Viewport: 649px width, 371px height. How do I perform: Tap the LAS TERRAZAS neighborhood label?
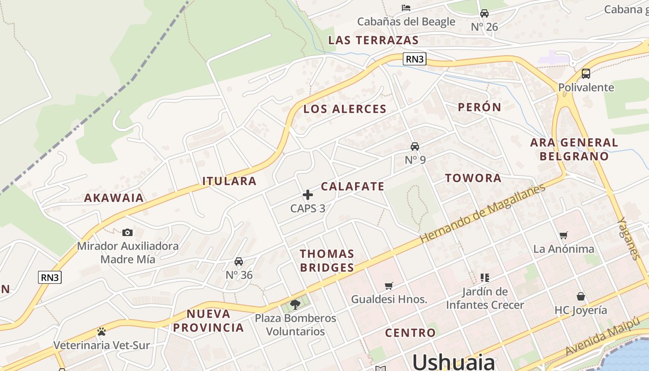pyautogui.click(x=373, y=40)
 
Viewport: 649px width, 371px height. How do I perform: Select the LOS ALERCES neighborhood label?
pyautogui.click(x=344, y=109)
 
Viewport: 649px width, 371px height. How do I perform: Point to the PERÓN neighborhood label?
pyautogui.click(x=479, y=107)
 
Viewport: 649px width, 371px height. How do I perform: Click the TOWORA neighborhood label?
pyautogui.click(x=473, y=178)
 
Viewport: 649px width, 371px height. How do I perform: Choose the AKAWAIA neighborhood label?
pyautogui.click(x=114, y=198)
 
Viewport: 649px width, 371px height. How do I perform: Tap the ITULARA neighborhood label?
pyautogui.click(x=229, y=181)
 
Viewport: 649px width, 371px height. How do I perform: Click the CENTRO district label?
pyautogui.click(x=410, y=333)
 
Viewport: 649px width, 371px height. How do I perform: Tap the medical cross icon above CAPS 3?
pyautogui.click(x=308, y=195)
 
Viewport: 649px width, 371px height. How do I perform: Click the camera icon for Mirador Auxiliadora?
pyautogui.click(x=127, y=232)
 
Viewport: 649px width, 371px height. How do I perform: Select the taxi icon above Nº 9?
pyautogui.click(x=415, y=147)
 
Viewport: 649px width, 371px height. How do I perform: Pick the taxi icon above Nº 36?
pyautogui.click(x=239, y=262)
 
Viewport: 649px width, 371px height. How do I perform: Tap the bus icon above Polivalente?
pyautogui.click(x=585, y=73)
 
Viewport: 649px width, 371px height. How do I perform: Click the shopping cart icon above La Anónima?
pyautogui.click(x=563, y=235)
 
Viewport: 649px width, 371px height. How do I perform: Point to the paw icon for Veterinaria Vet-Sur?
pyautogui.click(x=102, y=332)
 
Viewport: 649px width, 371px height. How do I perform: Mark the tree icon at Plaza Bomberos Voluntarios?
pyautogui.click(x=295, y=305)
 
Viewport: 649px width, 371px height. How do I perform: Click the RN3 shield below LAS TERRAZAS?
pyautogui.click(x=414, y=59)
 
